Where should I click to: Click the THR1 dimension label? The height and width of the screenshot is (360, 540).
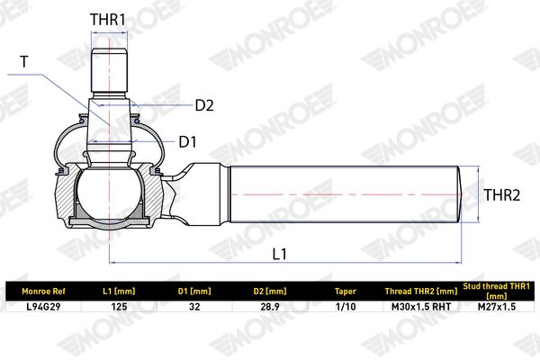coord(108,20)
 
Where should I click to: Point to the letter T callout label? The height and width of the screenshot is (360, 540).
coord(24,62)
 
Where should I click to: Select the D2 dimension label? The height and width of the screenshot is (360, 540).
coord(204,105)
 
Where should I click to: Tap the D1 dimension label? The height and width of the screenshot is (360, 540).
coord(188,141)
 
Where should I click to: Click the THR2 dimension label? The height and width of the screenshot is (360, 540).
coord(502,195)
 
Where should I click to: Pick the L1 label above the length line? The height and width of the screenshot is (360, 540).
coord(279,254)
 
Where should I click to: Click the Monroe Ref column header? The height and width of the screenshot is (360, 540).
coord(43,292)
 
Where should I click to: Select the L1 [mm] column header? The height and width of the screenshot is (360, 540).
coord(119,292)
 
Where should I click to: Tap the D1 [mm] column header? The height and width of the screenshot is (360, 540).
coord(194,292)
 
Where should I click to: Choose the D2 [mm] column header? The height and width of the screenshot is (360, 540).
coord(270,292)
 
